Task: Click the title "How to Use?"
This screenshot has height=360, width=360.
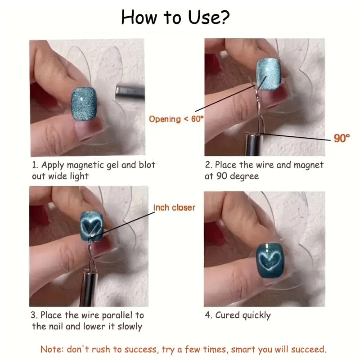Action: [x=175, y=17]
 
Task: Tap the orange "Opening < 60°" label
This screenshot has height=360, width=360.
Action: [x=176, y=119]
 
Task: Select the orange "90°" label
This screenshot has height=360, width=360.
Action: [x=342, y=138]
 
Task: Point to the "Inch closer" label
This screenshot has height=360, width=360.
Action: [x=174, y=207]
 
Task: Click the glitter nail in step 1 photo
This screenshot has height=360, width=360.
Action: [x=84, y=104]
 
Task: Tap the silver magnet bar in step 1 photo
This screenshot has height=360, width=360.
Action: [x=130, y=92]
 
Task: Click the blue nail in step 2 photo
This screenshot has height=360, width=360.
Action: [x=269, y=74]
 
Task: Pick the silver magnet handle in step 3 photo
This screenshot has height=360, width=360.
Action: [x=89, y=289]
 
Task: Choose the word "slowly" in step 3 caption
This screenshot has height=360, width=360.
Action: [x=130, y=327]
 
